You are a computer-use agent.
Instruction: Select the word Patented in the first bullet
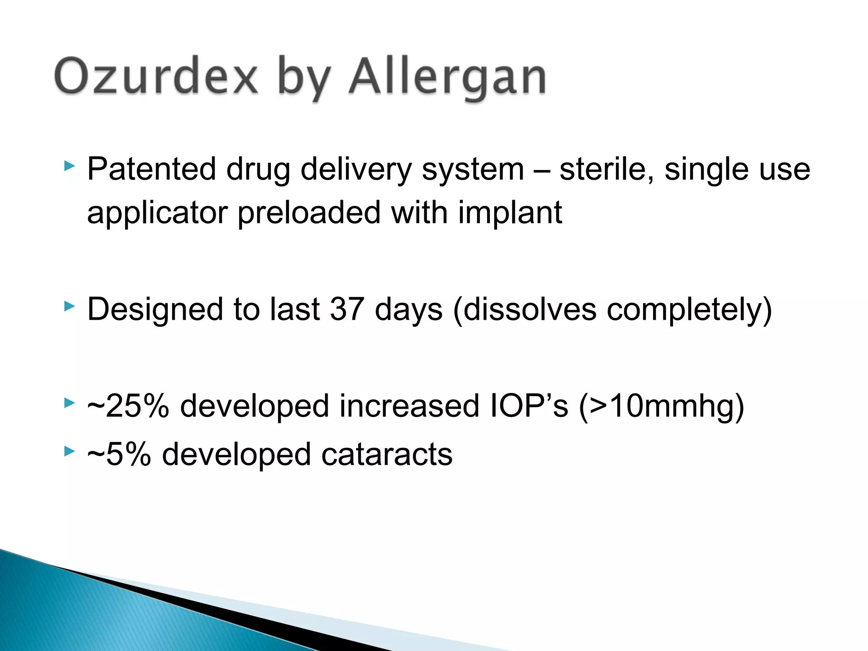[151, 169]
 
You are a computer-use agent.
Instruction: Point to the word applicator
[157, 213]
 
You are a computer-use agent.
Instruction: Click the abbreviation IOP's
[529, 406]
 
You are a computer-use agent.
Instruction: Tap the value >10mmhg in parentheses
[661, 406]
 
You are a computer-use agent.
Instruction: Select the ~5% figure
[119, 454]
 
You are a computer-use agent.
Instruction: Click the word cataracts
[387, 454]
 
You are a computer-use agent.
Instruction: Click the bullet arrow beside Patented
[70, 166]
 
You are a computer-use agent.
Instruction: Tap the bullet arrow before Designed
[70, 306]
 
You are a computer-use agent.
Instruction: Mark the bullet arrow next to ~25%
[70, 403]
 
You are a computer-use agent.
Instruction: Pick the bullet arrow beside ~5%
[70, 451]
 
